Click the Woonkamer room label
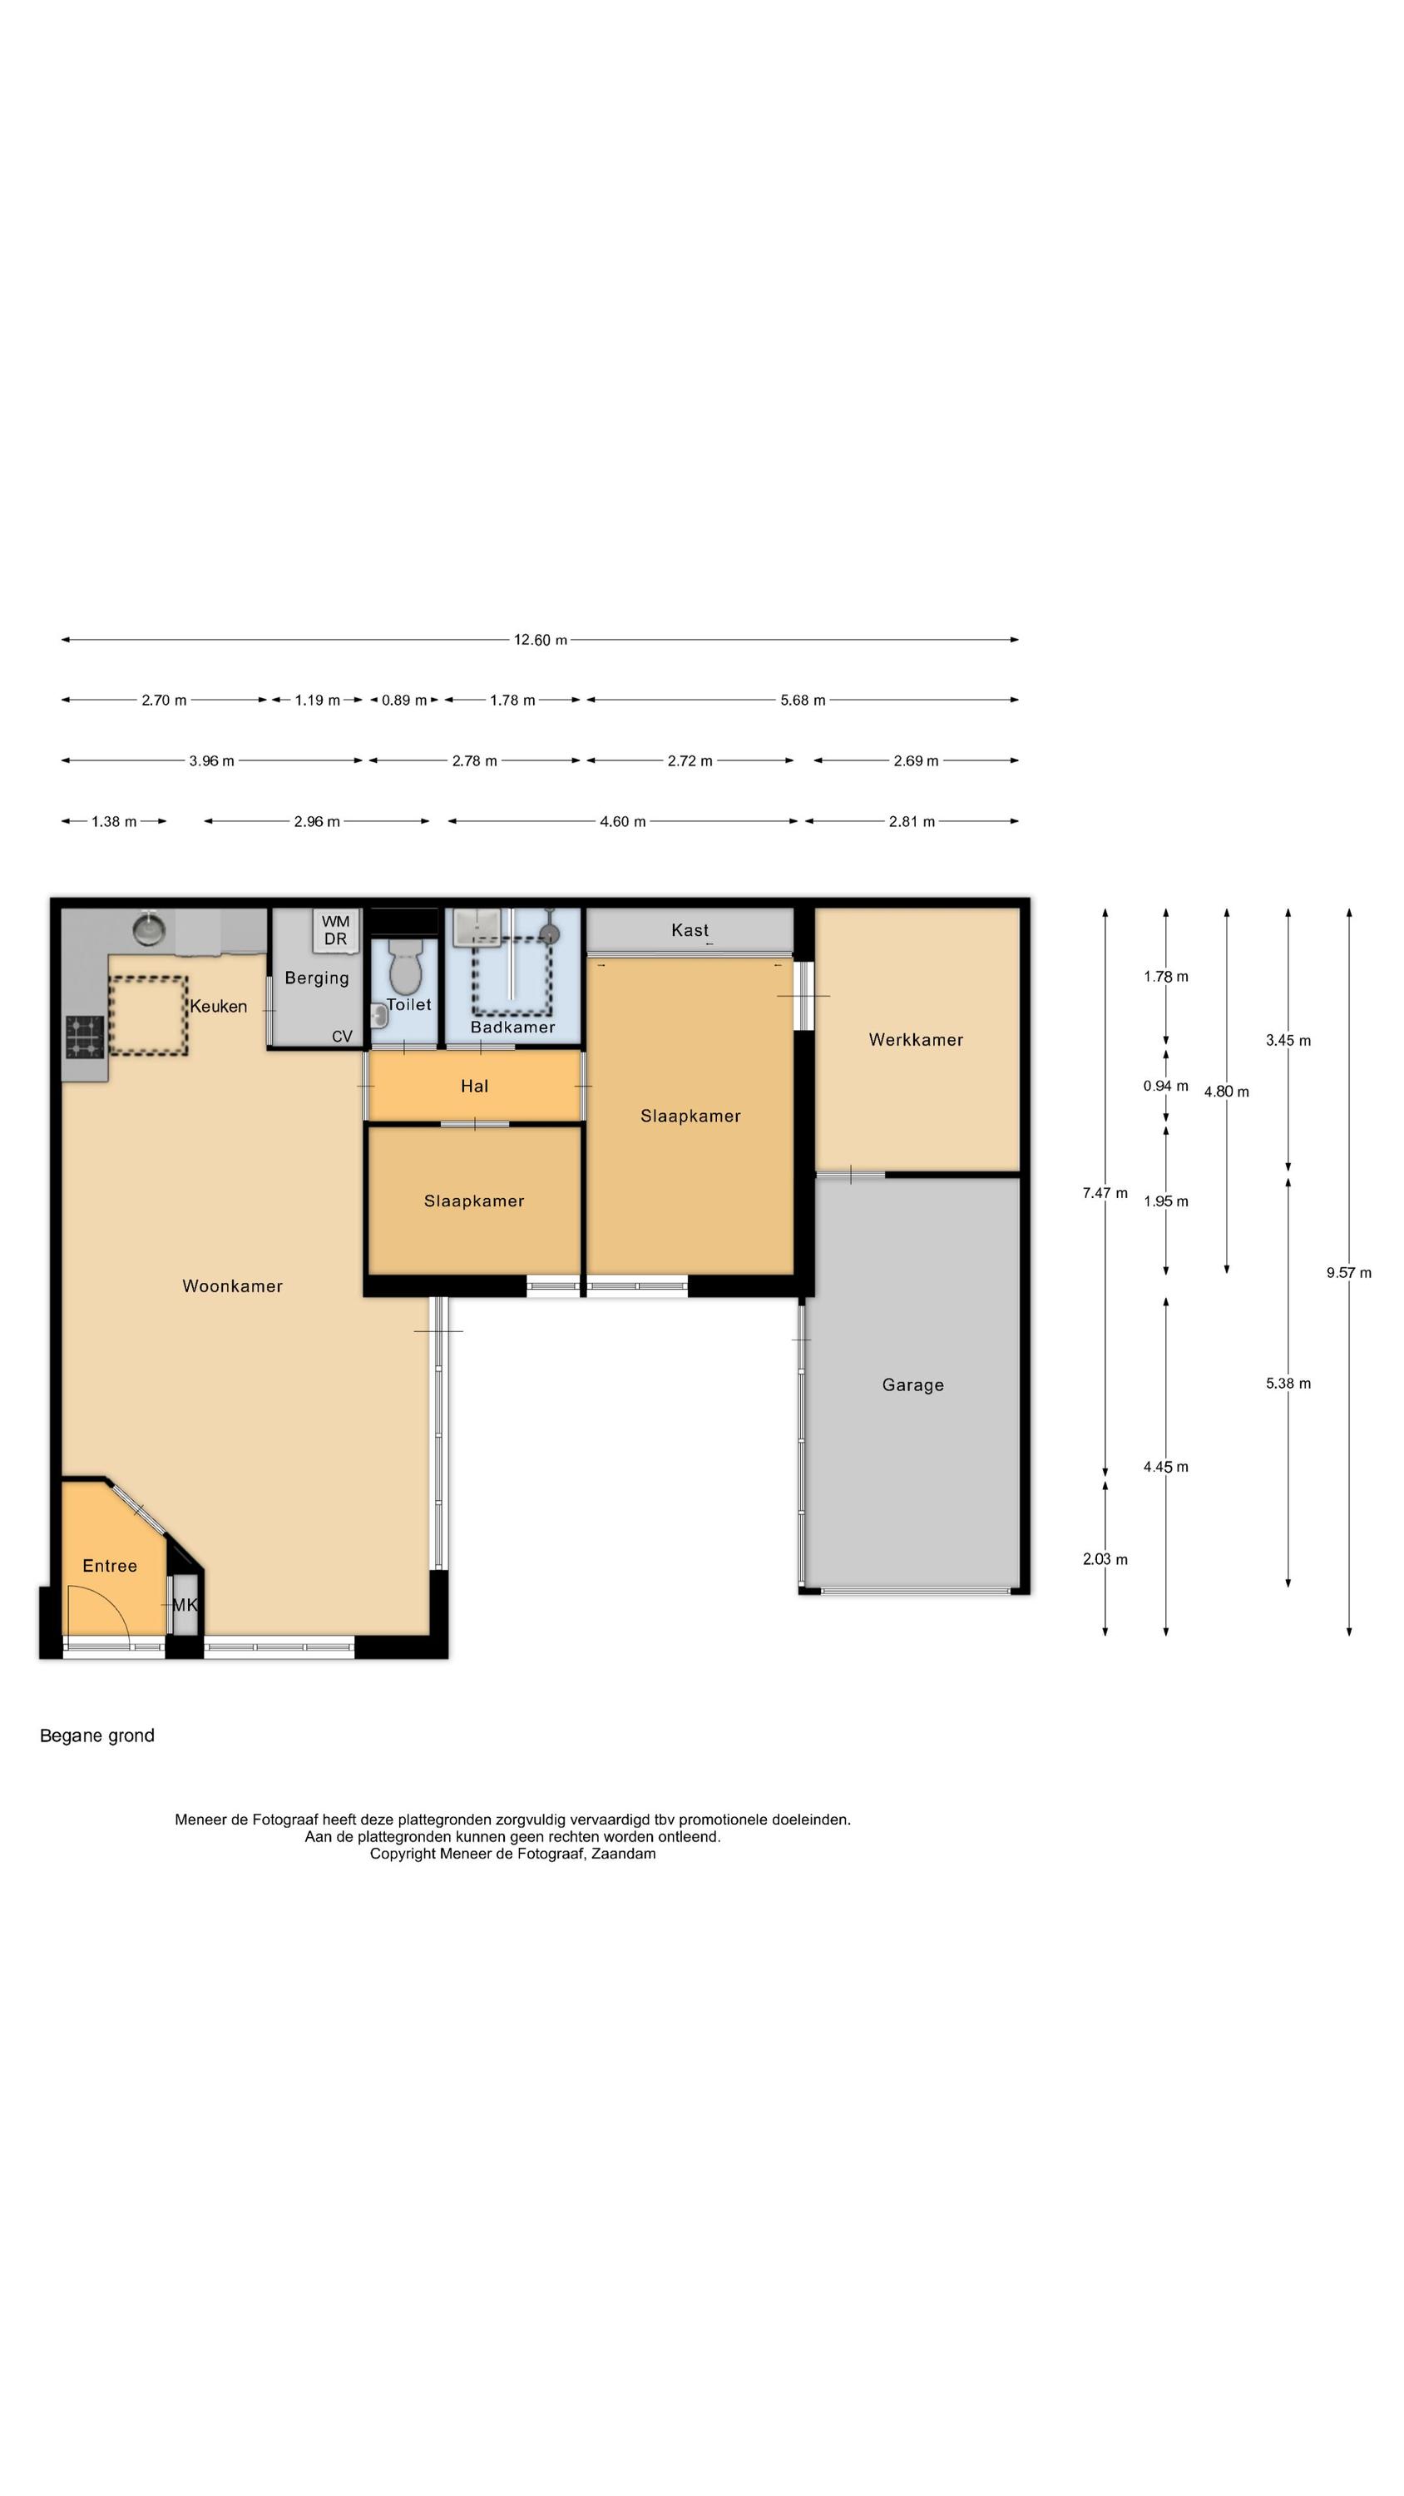point(233,1285)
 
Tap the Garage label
point(912,1385)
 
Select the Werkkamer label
point(916,1040)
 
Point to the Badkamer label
point(512,1027)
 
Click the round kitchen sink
point(149,929)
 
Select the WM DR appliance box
point(335,930)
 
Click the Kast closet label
point(690,930)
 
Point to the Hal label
point(475,1087)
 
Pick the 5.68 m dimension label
point(803,700)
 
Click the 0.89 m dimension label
point(404,700)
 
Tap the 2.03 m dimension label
point(1105,1559)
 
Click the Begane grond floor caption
point(96,1736)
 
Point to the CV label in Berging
point(342,1037)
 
